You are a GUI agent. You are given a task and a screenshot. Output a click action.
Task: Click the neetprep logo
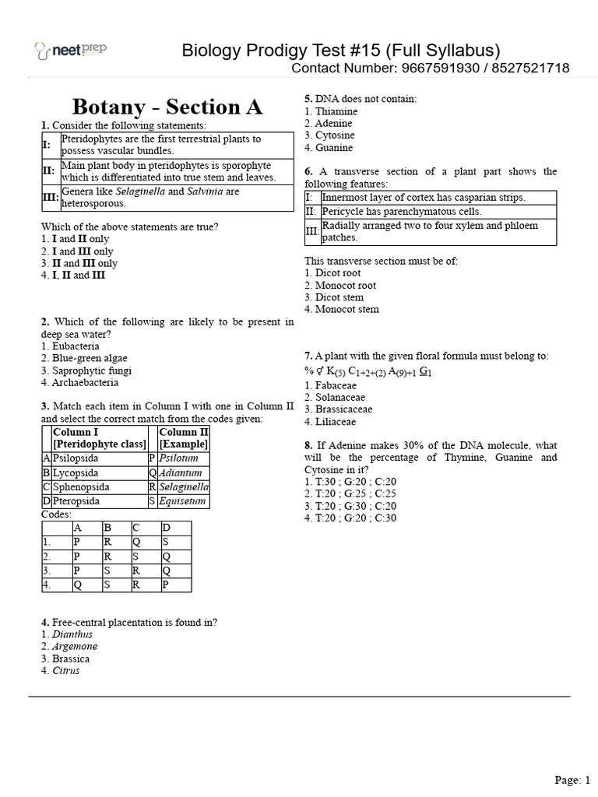click(71, 51)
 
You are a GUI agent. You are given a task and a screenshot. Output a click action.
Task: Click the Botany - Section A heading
click(167, 107)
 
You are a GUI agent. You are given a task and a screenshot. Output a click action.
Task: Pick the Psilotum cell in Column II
click(178, 458)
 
